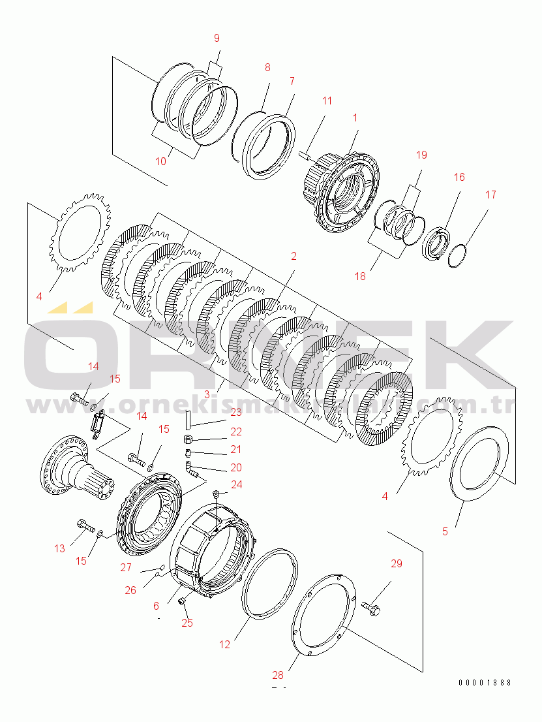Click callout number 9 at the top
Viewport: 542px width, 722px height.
(217, 39)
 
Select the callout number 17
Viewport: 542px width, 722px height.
(490, 195)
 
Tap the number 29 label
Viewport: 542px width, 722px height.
(397, 563)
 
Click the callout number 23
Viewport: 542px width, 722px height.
(235, 412)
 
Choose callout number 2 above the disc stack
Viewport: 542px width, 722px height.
(294, 257)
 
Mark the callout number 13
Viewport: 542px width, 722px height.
(59, 548)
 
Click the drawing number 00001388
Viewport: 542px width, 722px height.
(485, 682)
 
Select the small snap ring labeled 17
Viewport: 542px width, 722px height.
(458, 255)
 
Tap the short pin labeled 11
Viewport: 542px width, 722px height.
(305, 155)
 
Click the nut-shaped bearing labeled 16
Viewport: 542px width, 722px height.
(435, 243)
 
